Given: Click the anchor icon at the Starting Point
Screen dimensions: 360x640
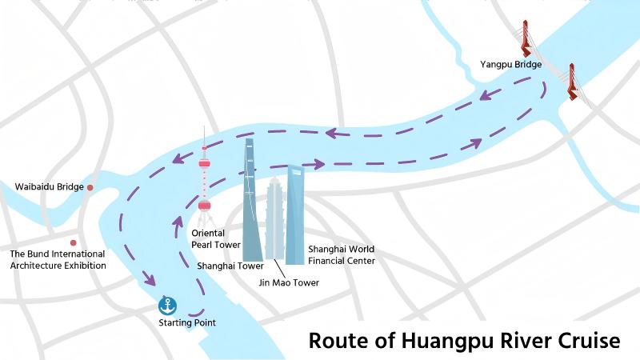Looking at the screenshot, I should tap(168, 305).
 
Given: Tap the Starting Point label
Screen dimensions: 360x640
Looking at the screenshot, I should tap(187, 323).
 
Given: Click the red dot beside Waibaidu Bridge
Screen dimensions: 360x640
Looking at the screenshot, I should tap(90, 187).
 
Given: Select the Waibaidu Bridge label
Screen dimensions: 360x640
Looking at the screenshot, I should tap(50, 187).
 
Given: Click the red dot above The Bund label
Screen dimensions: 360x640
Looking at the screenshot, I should tap(73, 242).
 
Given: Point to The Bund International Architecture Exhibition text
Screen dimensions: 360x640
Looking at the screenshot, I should tap(58, 260).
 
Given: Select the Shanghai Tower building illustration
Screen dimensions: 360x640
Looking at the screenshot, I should tap(251, 208).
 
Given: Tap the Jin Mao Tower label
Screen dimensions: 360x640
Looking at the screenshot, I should tap(289, 282).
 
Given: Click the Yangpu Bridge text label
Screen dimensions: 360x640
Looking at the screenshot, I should tap(511, 64).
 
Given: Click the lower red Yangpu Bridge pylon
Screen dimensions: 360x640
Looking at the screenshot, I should tap(573, 82).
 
